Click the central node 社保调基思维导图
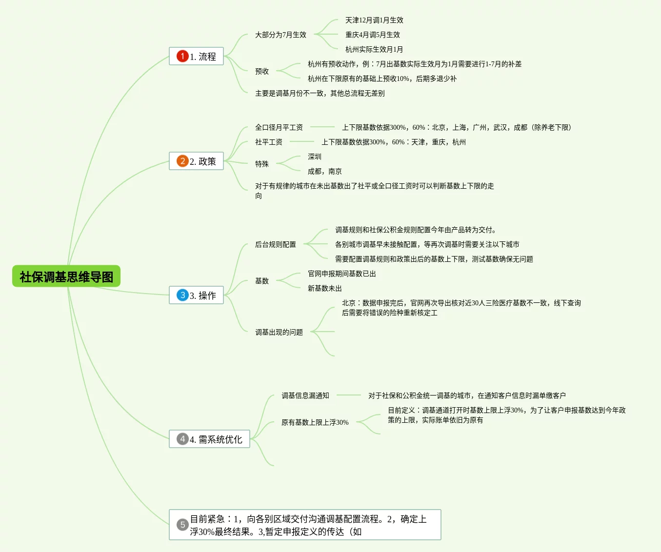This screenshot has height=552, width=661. (66, 276)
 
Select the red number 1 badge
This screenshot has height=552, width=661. (182, 56)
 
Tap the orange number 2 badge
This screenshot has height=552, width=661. (182, 161)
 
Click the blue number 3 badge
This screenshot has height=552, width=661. (182, 295)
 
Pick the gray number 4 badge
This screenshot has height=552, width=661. (182, 439)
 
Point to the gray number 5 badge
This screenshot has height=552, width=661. (182, 525)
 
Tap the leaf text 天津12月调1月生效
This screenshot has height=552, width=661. (374, 20)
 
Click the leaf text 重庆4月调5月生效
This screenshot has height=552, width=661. (373, 35)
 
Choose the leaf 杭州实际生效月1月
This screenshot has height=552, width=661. (374, 49)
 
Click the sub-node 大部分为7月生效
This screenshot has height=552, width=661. (280, 35)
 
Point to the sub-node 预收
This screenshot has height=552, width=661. (262, 71)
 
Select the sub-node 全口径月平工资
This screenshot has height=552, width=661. (279, 127)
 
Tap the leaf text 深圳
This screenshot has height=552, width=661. (315, 157)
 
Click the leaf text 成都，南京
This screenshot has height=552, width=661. (324, 171)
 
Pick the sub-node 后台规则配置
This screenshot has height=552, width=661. (276, 244)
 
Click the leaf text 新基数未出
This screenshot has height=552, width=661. (324, 288)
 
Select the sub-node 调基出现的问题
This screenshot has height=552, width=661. (279, 332)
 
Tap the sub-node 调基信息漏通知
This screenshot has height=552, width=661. (305, 395)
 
